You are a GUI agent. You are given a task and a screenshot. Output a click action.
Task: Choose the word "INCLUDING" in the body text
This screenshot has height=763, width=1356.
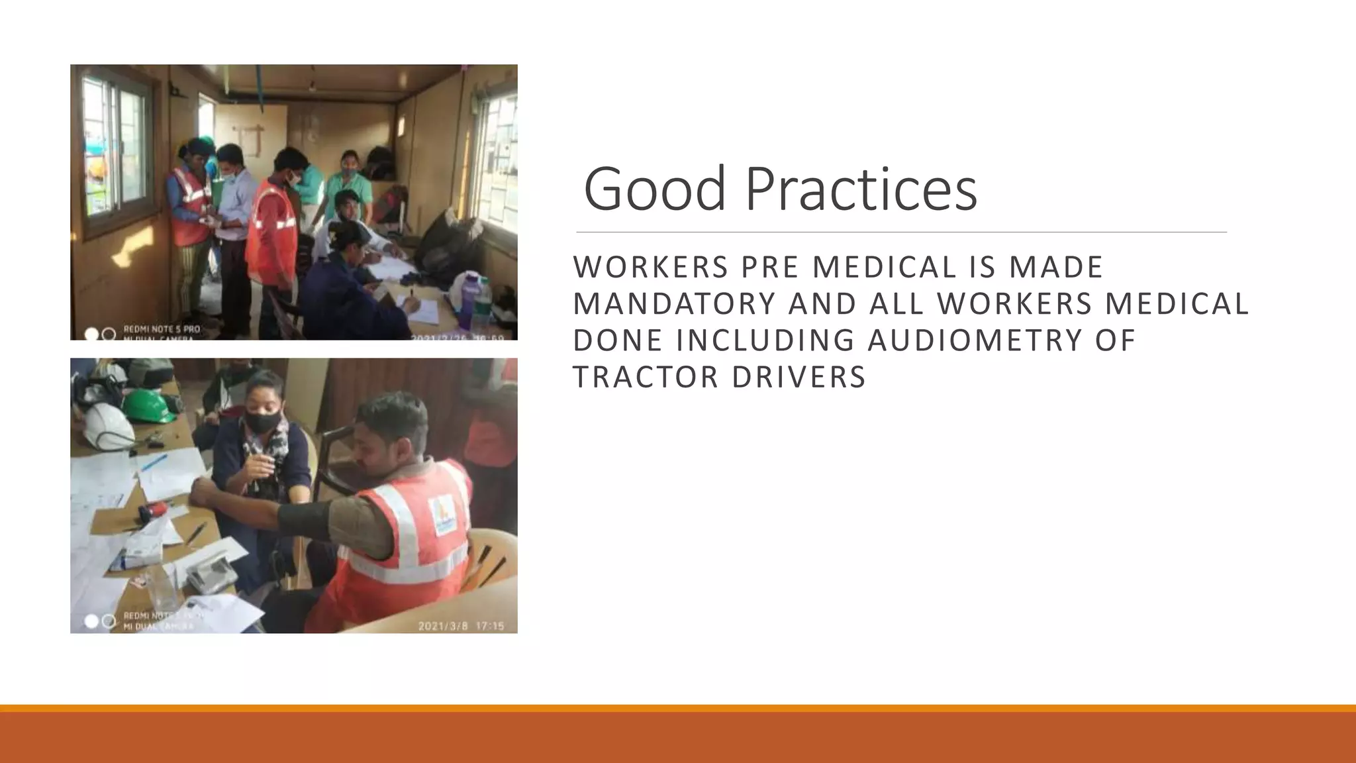click(x=765, y=340)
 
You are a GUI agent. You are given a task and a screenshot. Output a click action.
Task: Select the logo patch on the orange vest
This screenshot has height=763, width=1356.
click(x=442, y=515)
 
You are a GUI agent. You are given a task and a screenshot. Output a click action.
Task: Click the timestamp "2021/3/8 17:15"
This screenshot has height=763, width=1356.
click(x=461, y=626)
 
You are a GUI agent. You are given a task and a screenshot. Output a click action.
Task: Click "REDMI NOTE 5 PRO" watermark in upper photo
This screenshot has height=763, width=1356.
click(x=161, y=329)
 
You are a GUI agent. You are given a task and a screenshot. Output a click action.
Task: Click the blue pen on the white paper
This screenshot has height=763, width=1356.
click(x=154, y=462)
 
